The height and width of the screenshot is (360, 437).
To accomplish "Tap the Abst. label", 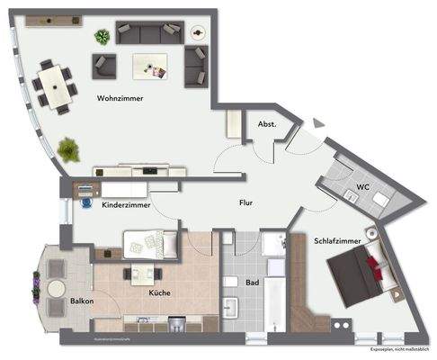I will click(267, 124).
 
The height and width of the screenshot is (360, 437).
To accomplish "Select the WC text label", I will click(362, 186).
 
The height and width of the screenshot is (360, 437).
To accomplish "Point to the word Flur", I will click(246, 203).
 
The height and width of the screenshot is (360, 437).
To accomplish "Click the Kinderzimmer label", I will click(125, 205).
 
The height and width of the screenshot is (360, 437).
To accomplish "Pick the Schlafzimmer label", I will click(338, 241).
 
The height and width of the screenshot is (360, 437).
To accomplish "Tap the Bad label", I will click(254, 283).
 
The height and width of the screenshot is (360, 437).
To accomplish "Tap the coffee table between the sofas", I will click(150, 65).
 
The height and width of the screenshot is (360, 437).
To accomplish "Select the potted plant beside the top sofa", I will click(103, 37).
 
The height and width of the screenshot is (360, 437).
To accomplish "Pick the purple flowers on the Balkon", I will click(36, 288).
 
